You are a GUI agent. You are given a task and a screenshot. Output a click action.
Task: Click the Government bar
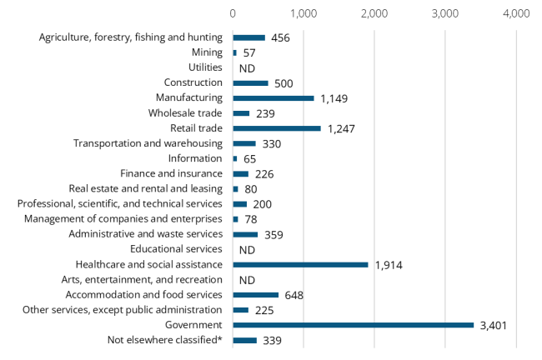tap(353, 325)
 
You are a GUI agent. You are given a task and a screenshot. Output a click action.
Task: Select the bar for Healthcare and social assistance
tap(300, 264)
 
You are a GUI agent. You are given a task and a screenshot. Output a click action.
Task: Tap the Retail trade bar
tap(277, 128)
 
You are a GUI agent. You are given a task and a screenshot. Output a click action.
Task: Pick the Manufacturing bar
tap(274, 97)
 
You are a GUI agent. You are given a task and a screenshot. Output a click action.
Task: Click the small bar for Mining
tap(234, 52)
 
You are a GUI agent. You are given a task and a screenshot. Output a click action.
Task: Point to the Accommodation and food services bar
tap(255, 295)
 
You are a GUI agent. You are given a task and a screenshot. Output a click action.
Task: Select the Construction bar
tap(250, 82)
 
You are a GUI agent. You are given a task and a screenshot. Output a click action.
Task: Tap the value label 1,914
tap(389, 265)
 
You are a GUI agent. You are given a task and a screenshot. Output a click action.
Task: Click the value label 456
tap(279, 37)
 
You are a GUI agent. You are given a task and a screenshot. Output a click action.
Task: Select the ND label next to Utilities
tap(246, 68)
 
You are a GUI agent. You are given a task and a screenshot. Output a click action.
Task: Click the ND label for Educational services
tap(246, 249)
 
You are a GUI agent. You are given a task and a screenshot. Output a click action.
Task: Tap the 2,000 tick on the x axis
tap(374, 14)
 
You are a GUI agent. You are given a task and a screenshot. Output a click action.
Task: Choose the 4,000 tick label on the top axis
tap(516, 14)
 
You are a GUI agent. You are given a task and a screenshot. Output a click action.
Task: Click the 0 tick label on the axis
tap(233, 14)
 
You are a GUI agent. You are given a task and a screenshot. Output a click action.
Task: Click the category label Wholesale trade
tap(185, 113)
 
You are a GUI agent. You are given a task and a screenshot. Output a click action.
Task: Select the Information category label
tap(194, 158)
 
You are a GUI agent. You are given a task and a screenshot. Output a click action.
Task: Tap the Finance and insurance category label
tap(171, 173)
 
